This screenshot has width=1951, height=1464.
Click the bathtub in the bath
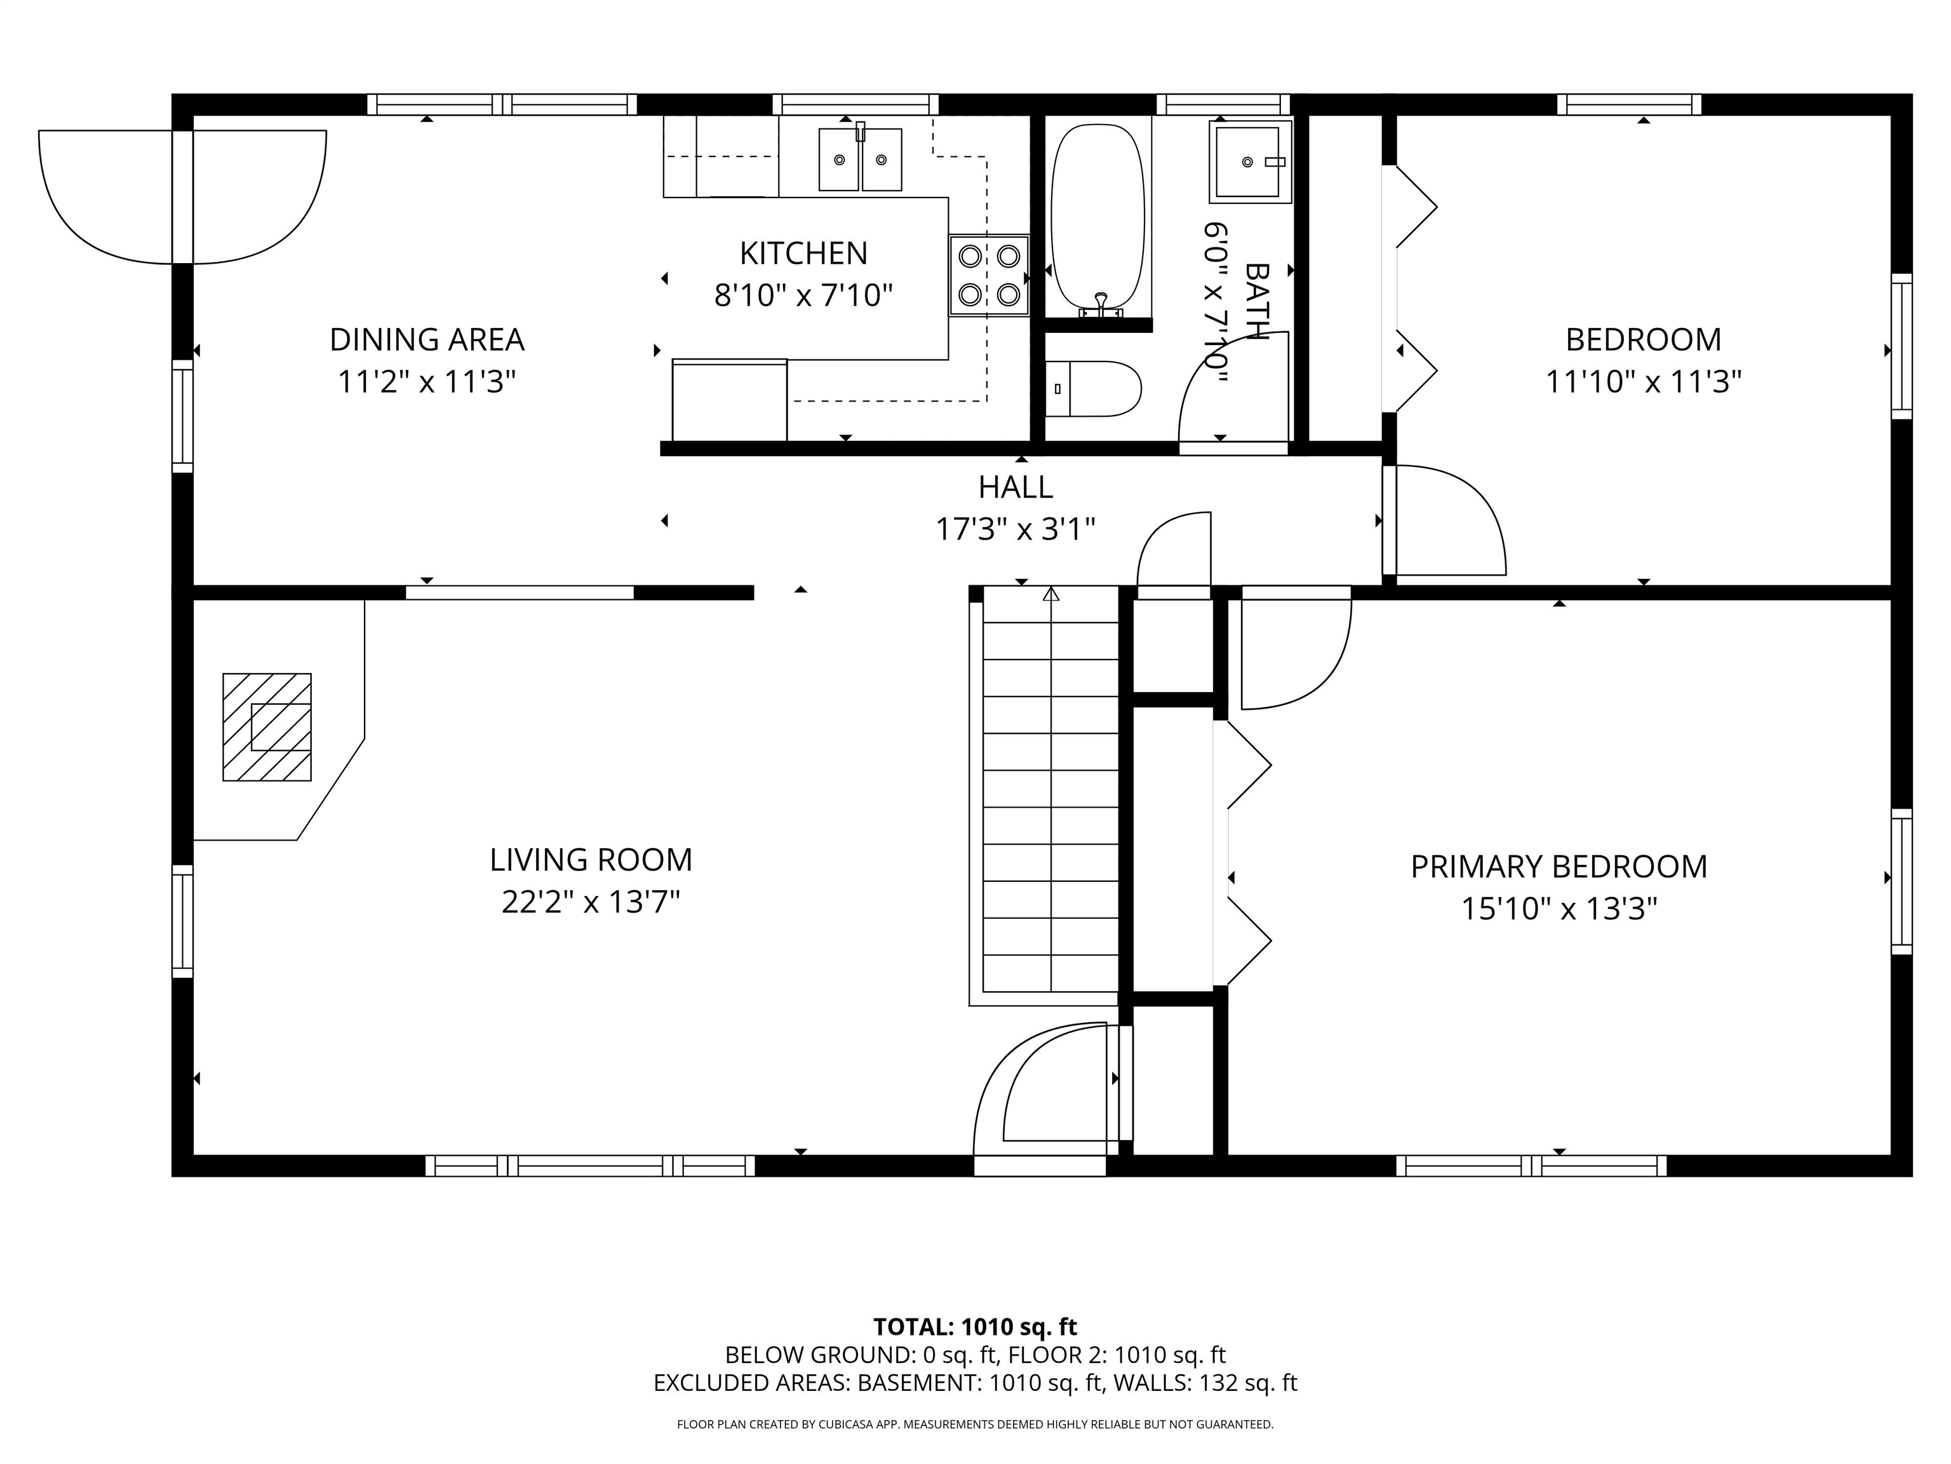pyautogui.click(x=1098, y=216)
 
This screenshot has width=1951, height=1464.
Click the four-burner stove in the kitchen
pyautogui.click(x=989, y=275)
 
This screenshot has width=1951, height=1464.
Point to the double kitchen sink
pyautogui.click(x=860, y=159)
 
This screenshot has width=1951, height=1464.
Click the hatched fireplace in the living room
pyautogui.click(x=266, y=727)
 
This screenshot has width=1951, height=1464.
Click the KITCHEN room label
pyautogui.click(x=803, y=254)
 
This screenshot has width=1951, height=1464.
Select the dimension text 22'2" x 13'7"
pyautogui.click(x=590, y=902)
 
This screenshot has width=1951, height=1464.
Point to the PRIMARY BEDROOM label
pyautogui.click(x=1559, y=867)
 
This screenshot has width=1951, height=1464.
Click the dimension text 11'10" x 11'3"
pyautogui.click(x=1642, y=382)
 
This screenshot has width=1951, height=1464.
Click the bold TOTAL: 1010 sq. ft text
pyautogui.click(x=975, y=1326)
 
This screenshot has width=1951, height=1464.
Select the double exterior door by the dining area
pyautogui.click(x=182, y=198)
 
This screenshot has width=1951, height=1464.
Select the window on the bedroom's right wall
pyautogui.click(x=1901, y=346)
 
